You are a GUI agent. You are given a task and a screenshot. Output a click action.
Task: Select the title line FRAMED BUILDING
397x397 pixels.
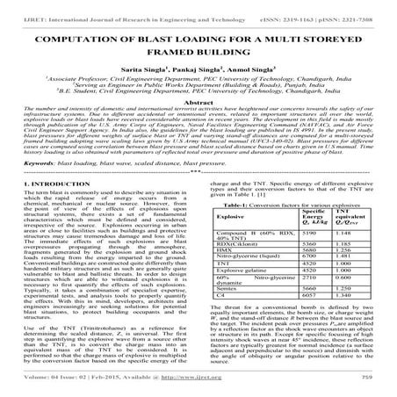point(198,54)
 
